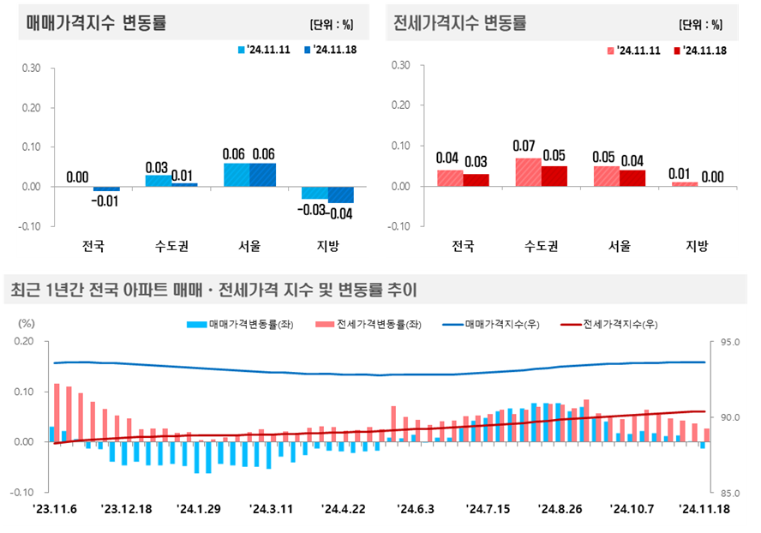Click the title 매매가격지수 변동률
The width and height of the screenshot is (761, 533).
coord(95,23)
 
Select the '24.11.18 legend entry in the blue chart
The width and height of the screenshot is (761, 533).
coord(330,50)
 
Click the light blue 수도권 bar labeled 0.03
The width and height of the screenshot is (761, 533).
coord(158,181)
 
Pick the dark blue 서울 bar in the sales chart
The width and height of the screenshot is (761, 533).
coord(263,175)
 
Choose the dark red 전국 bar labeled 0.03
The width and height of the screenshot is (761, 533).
coord(476,180)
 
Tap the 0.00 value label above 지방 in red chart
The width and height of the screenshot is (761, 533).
coord(712,177)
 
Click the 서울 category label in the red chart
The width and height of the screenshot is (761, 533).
coord(620,246)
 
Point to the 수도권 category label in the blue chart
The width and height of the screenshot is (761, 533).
coord(171,246)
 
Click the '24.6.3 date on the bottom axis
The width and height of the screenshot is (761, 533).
coord(416,508)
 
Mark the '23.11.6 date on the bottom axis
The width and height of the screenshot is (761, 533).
coord(55,508)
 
